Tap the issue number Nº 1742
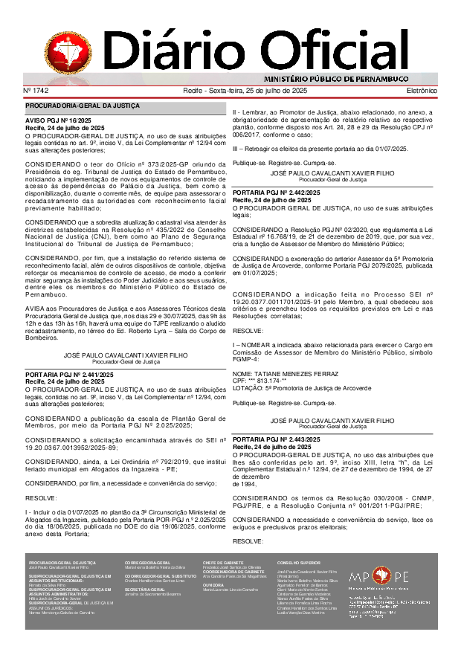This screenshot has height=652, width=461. click(36, 91)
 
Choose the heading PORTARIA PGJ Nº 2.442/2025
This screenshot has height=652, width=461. click(276, 193)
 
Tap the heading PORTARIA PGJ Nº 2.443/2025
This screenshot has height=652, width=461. click(276, 440)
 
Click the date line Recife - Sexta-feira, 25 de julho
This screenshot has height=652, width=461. click(245, 91)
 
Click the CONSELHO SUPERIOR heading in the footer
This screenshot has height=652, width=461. click(299, 563)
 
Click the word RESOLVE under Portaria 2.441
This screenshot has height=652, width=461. click(41, 497)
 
